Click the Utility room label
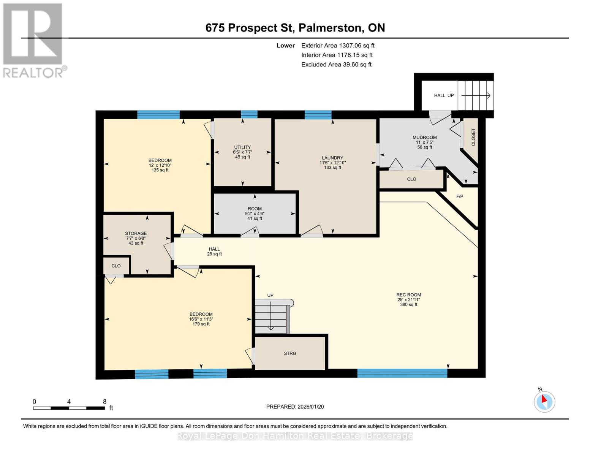pyautogui.click(x=242, y=152)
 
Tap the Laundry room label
pyautogui.click(x=332, y=163)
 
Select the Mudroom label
pyautogui.click(x=424, y=142)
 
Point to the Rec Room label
pyautogui.click(x=408, y=299)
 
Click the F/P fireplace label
pyautogui.click(x=459, y=196)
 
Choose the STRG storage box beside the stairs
pyautogui.click(x=290, y=353)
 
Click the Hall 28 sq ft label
pyautogui.click(x=214, y=252)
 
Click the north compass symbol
pyautogui.click(x=544, y=401)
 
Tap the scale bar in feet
pyautogui.click(x=69, y=408)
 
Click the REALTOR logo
pyautogui.click(x=33, y=40)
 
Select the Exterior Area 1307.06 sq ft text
pyautogui.click(x=338, y=46)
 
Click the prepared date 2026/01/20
pyautogui.click(x=295, y=407)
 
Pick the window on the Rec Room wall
pyautogui.click(x=402, y=373)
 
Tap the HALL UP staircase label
pyautogui.click(x=444, y=95)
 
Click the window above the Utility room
pyautogui.click(x=249, y=114)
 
